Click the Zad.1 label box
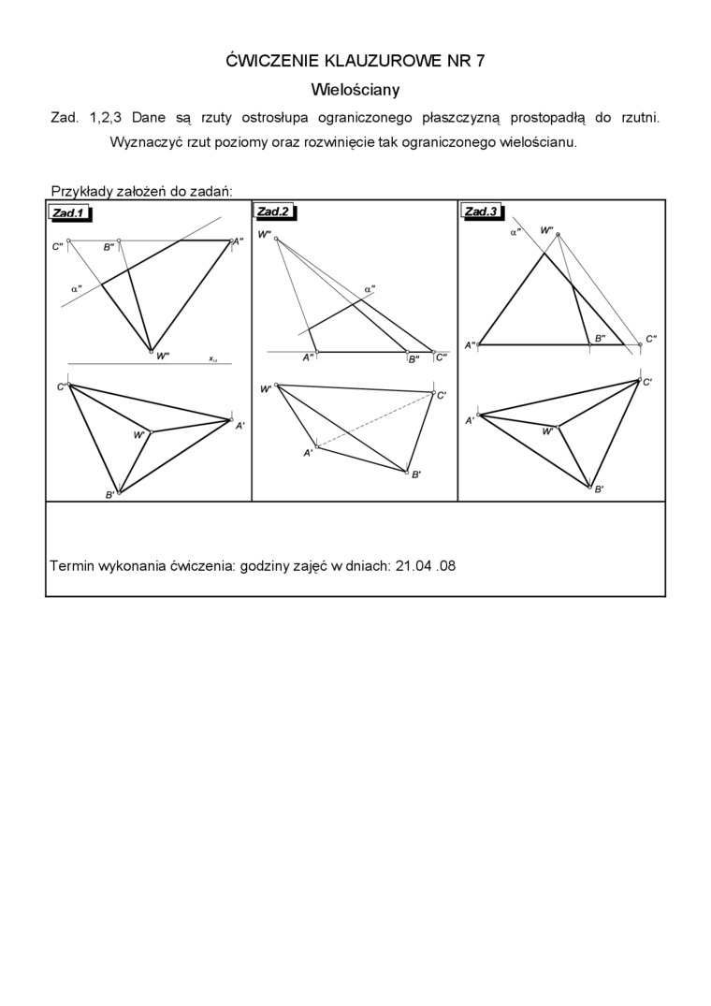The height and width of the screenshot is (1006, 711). [x=69, y=213]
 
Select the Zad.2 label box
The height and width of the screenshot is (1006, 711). [x=274, y=211]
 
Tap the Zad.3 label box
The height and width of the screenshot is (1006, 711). [x=482, y=211]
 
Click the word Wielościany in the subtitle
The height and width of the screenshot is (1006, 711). [x=355, y=90]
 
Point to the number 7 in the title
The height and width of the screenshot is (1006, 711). [x=480, y=61]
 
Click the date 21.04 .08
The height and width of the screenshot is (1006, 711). [x=426, y=566]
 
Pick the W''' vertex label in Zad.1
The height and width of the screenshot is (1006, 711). [x=162, y=357]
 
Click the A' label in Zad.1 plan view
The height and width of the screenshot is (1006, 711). [x=239, y=425]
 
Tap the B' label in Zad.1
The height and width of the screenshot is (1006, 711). [x=109, y=494]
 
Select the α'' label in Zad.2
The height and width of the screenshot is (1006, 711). [x=370, y=289]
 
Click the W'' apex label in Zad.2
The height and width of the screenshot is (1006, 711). [x=265, y=235]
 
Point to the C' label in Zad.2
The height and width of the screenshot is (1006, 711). [x=442, y=396]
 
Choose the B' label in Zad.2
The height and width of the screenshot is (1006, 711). [x=416, y=474]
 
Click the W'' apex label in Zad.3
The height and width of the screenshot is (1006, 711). [x=547, y=229]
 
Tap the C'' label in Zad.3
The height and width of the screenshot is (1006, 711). [x=651, y=339]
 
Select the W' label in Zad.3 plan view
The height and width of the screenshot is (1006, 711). [x=547, y=431]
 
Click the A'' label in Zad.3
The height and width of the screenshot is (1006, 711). [x=471, y=346]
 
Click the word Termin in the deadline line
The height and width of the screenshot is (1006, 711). [x=71, y=566]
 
